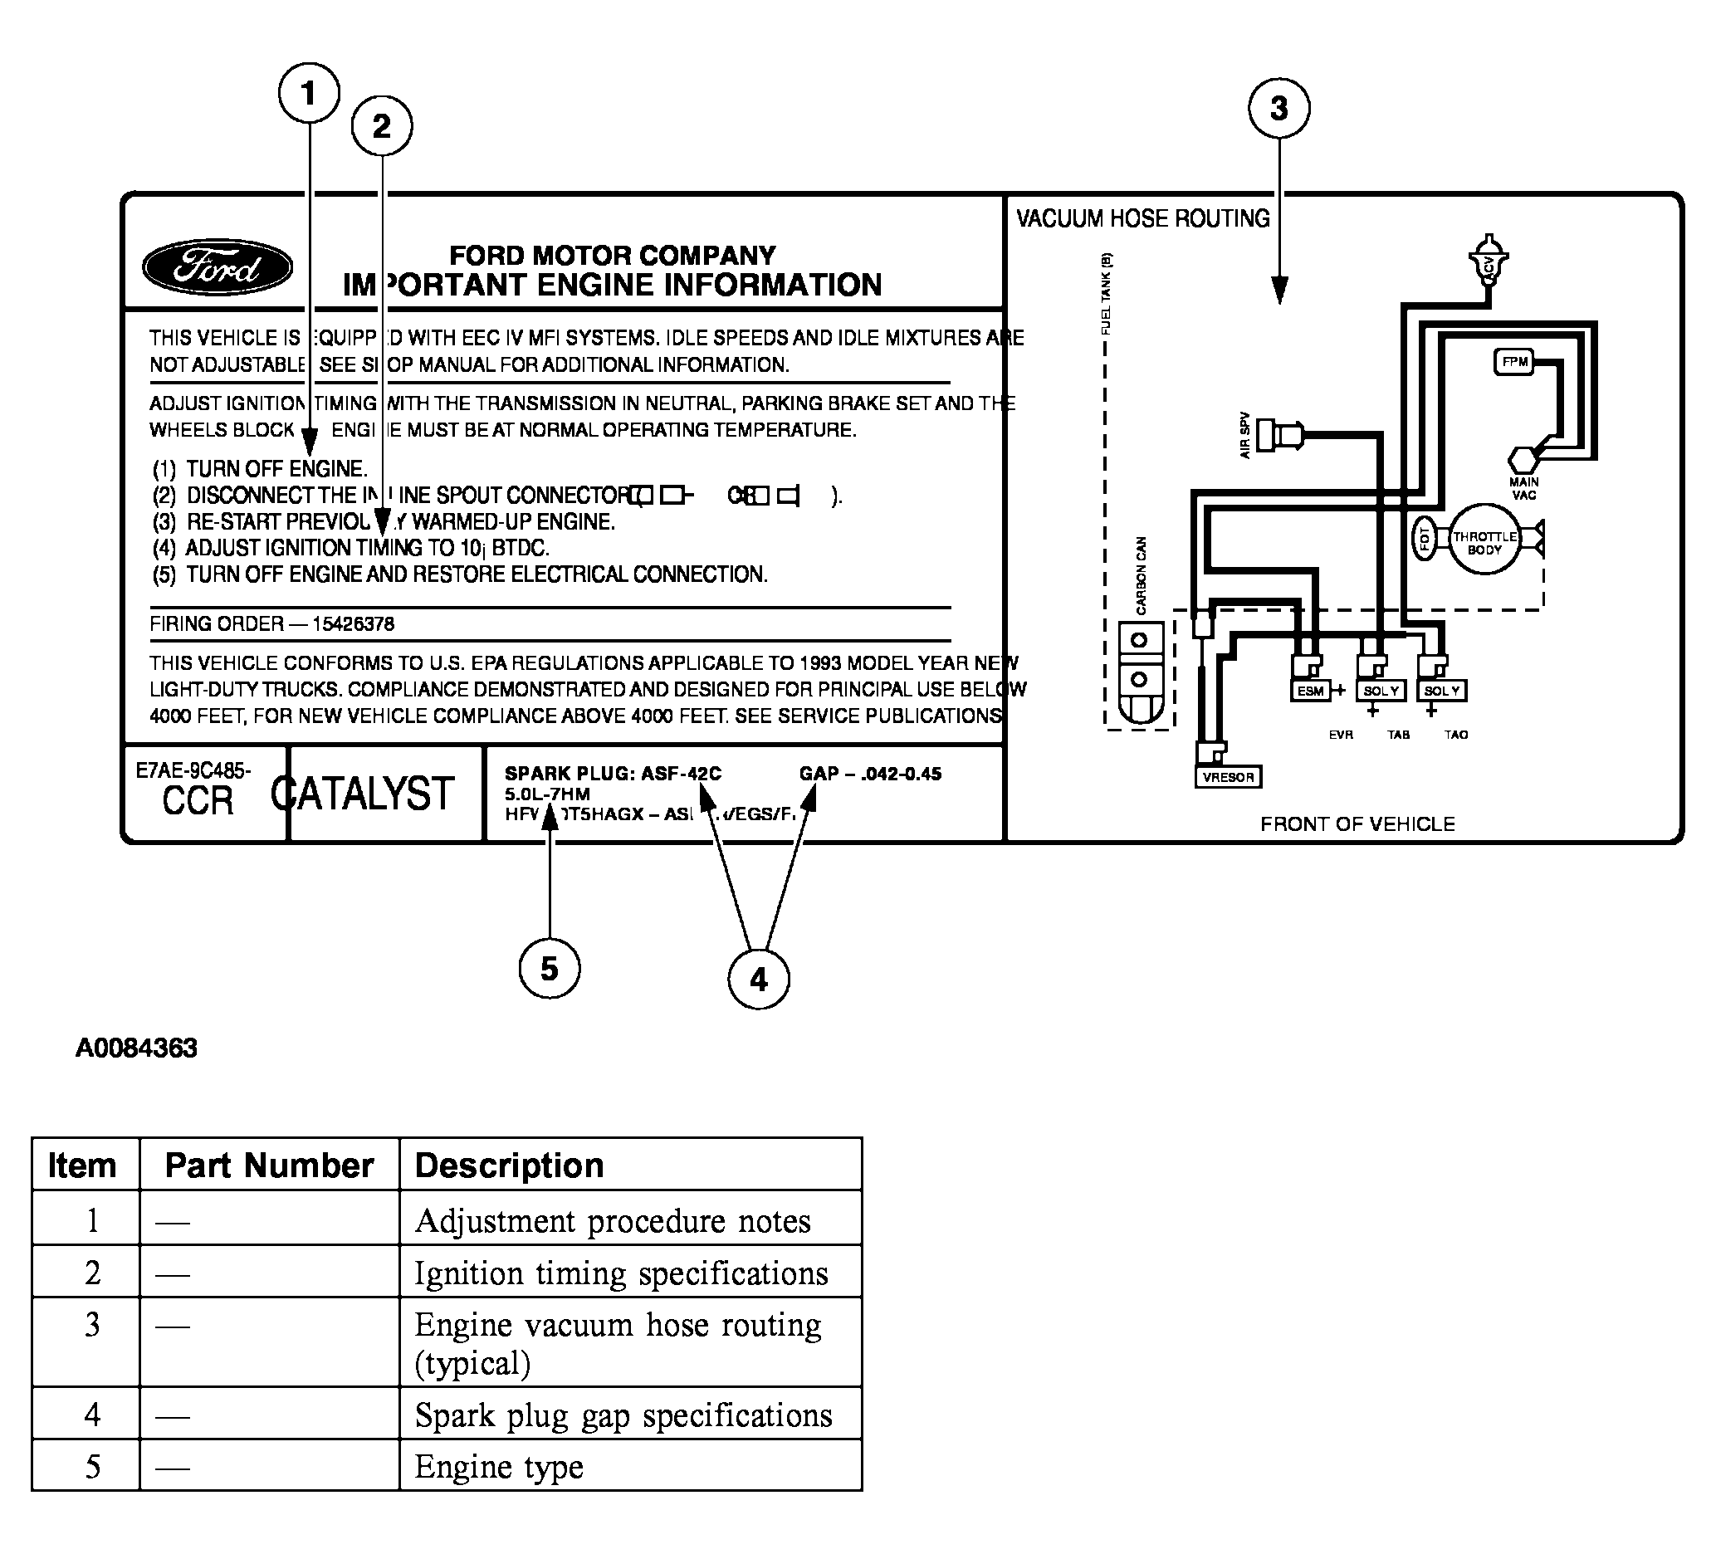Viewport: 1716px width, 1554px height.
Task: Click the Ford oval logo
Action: click(x=217, y=267)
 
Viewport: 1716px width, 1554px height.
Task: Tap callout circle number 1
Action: click(x=309, y=93)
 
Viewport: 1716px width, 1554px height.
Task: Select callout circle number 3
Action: click(x=1278, y=108)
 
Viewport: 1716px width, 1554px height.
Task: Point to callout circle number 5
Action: click(x=549, y=969)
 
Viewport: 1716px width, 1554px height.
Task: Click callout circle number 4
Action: click(x=759, y=980)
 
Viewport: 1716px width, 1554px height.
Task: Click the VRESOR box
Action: click(x=1229, y=777)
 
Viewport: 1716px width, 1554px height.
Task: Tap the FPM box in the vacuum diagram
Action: click(x=1514, y=362)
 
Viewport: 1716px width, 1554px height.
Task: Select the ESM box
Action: click(x=1310, y=691)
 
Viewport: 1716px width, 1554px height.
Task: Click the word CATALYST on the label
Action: click(x=363, y=794)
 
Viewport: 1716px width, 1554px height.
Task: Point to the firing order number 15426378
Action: click(x=353, y=623)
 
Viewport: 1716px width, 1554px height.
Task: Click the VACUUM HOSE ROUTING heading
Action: click(x=1142, y=218)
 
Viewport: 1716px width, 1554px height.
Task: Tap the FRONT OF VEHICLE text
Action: click(x=1357, y=823)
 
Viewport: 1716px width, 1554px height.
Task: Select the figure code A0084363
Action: click(x=136, y=1048)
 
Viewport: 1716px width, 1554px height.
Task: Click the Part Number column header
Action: click(x=269, y=1165)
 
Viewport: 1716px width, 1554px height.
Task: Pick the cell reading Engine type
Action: click(x=499, y=1466)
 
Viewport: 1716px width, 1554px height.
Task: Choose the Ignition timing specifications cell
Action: click(x=620, y=1273)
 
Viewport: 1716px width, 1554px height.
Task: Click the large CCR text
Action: click(x=198, y=801)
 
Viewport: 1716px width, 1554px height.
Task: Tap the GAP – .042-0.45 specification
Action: click(x=870, y=774)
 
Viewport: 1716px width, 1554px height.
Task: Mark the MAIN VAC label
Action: click(x=1523, y=488)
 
